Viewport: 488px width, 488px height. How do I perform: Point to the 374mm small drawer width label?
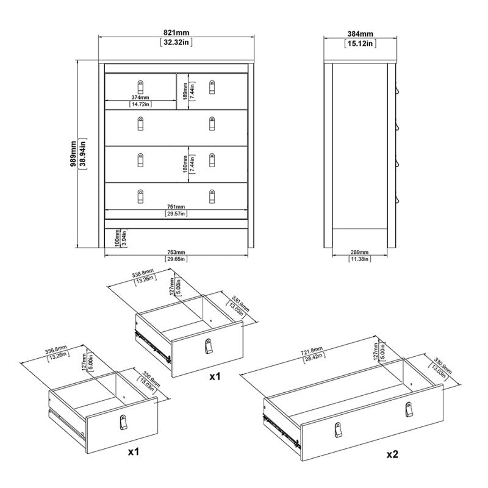click(140, 96)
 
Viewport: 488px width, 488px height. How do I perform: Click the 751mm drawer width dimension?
click(176, 206)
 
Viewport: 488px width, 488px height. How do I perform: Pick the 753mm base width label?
click(176, 252)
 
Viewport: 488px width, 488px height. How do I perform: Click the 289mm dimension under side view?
click(360, 252)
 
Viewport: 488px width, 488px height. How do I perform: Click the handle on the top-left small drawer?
click(140, 85)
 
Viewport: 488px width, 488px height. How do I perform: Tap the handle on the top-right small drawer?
click(212, 85)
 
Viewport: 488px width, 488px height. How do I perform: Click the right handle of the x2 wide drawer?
click(407, 412)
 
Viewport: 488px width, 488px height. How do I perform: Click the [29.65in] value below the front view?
click(176, 259)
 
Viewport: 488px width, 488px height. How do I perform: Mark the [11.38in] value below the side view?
click(360, 259)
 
